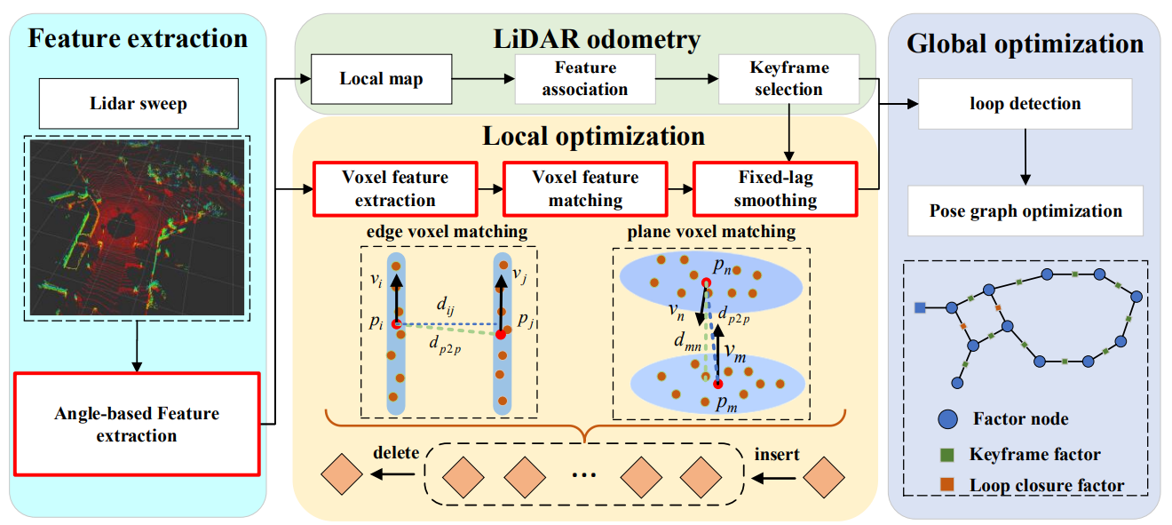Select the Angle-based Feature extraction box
[137, 424]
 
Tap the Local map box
[381, 78]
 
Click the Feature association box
[585, 78]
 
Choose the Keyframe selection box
[788, 78]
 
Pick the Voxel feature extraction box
[394, 188]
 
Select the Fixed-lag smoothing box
[774, 188]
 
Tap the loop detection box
[1025, 104]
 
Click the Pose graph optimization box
[1025, 211]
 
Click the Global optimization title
[1025, 44]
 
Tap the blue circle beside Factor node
[947, 419]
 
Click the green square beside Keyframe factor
[947, 455]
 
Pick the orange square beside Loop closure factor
[947, 485]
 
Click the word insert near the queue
[776, 455]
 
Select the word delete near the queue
[396, 453]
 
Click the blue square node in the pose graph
[921, 307]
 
